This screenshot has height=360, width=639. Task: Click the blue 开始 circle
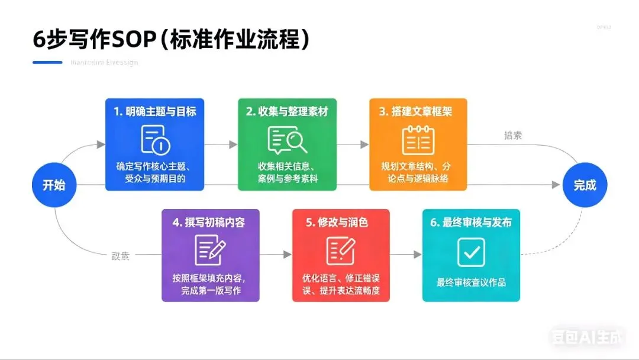pyautogui.click(x=53, y=185)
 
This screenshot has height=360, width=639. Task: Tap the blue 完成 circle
pyautogui.click(x=585, y=185)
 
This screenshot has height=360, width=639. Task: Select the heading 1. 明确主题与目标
pyautogui.click(x=155, y=111)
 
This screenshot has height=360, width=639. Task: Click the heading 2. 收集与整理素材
pyautogui.click(x=287, y=111)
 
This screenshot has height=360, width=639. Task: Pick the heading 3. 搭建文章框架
pyautogui.click(x=418, y=111)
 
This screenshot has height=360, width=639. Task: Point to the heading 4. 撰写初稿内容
pyautogui.click(x=209, y=223)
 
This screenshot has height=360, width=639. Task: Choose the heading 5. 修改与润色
pyautogui.click(x=341, y=223)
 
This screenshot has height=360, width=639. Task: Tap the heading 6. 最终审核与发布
pyautogui.click(x=471, y=223)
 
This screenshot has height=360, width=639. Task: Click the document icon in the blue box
pyautogui.click(x=155, y=140)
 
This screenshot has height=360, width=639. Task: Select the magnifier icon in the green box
pyautogui.click(x=287, y=140)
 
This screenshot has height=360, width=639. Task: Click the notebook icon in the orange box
pyautogui.click(x=418, y=140)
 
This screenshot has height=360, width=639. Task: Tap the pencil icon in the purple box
pyautogui.click(x=210, y=251)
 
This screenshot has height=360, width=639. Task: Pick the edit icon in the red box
pyautogui.click(x=341, y=251)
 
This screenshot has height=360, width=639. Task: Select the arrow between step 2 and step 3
pyautogui.click(x=353, y=144)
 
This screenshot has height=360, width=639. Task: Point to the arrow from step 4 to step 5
pyautogui.click(x=276, y=255)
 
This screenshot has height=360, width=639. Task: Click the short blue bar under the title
pyautogui.click(x=48, y=62)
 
